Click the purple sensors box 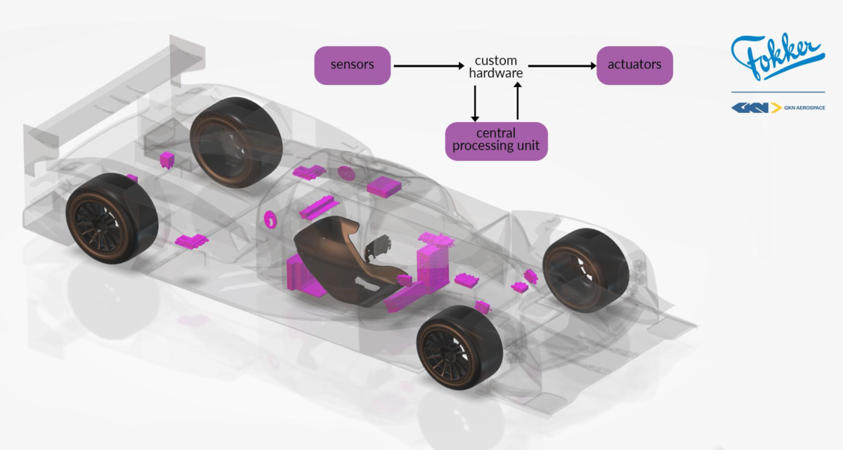pos(352,65)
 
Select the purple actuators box pos(634,65)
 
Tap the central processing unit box pos(496,141)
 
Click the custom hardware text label pos(496,67)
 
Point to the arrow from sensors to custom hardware pos(429,66)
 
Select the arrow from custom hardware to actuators pos(562,66)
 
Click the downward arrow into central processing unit pos(475,103)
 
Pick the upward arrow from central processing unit pos(518,101)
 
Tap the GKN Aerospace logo pos(778,108)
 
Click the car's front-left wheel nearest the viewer pos(460,348)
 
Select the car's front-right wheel pos(586,270)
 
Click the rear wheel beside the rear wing pos(112,218)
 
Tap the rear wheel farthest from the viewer pos(236,142)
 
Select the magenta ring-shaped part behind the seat pos(270,219)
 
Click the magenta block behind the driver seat pos(302,274)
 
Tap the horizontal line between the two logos pos(778,92)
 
